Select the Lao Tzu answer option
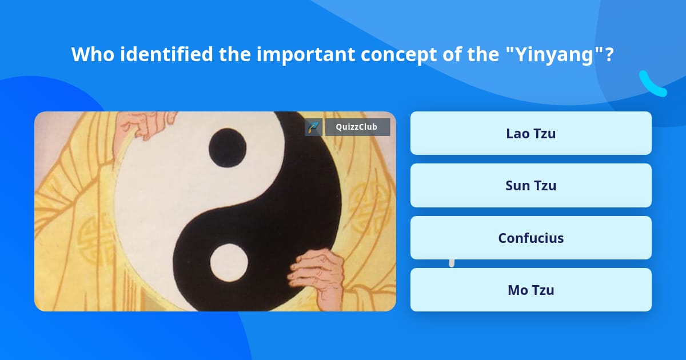tap(531, 133)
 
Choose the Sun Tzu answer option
tap(531, 186)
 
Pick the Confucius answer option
tap(531, 238)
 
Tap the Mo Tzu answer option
tap(531, 290)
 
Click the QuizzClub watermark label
tap(357, 127)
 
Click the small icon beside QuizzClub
tap(313, 127)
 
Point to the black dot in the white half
tap(228, 147)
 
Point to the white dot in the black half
tap(229, 263)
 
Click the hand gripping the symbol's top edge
tap(145, 124)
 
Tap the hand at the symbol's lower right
tap(317, 275)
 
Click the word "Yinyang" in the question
tap(555, 54)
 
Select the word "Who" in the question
tap(93, 54)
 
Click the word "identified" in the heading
tap(166, 54)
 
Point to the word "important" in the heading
tap(305, 55)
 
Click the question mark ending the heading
tap(609, 54)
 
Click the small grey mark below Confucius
tap(452, 263)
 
